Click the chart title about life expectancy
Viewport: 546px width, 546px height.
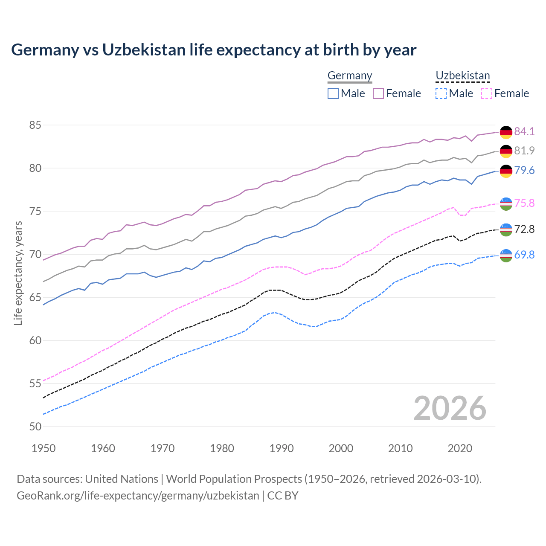point(213,50)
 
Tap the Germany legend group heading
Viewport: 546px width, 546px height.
point(350,76)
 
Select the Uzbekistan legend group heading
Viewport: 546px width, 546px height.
point(462,76)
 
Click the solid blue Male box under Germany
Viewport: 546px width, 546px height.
point(333,93)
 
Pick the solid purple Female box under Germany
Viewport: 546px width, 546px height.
point(378,93)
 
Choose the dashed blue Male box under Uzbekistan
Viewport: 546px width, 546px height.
point(441,93)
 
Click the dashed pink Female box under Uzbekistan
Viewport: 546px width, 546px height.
point(486,93)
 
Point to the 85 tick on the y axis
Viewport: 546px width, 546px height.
point(35,125)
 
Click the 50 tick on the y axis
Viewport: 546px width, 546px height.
point(35,427)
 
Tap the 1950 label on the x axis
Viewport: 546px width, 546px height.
point(44,448)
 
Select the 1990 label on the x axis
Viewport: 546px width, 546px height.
point(282,448)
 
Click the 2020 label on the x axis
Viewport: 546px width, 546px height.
point(460,448)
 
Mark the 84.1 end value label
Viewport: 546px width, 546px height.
point(524,131)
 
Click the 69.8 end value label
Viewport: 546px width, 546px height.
point(524,255)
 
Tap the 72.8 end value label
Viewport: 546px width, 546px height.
point(524,229)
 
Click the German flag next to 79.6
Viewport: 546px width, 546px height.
point(506,171)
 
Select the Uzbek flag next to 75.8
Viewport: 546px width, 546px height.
point(506,203)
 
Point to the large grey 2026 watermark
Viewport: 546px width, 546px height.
point(450,409)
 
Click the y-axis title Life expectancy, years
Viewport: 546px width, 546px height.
point(18,273)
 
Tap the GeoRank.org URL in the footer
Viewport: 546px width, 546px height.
point(138,496)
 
